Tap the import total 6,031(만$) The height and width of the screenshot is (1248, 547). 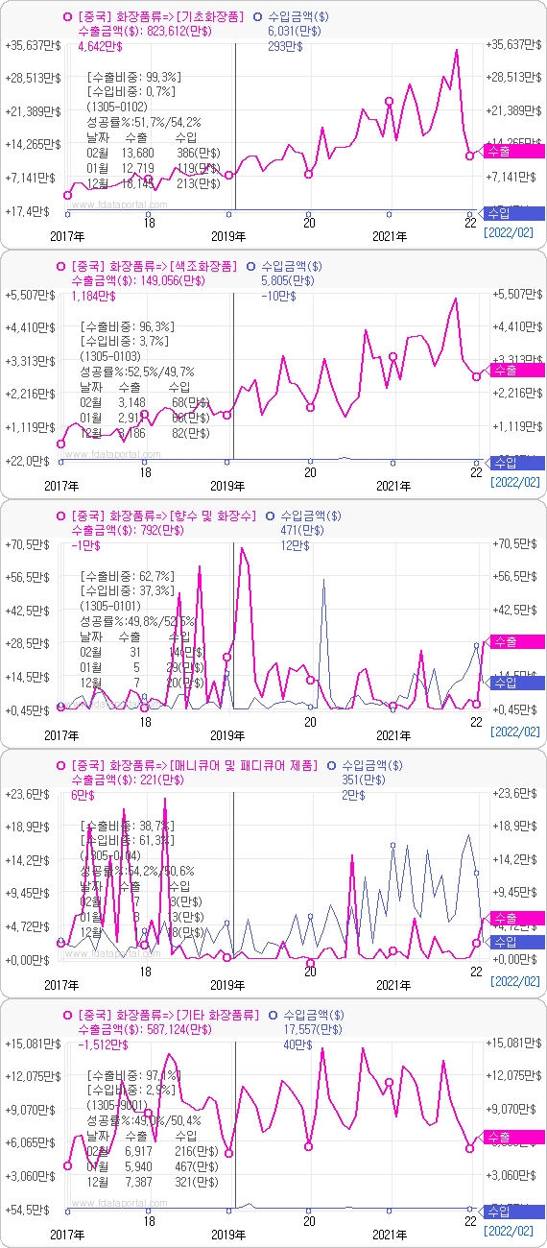(x=295, y=31)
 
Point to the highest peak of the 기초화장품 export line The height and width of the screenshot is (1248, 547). (x=456, y=50)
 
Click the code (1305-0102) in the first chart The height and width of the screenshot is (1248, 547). (x=117, y=107)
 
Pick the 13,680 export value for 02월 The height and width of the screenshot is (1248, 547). (x=136, y=153)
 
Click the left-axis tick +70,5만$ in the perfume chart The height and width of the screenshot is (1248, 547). (x=28, y=543)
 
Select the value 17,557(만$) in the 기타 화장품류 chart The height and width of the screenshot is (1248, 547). (x=295, y=1029)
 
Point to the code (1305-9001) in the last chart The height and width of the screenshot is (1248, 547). (x=117, y=1105)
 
